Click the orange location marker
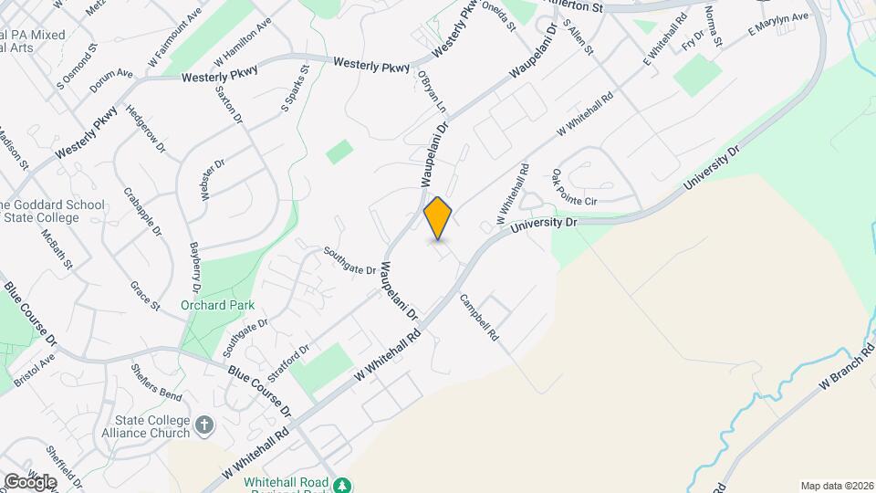[438, 217]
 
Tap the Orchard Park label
[217, 306]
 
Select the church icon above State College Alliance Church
[204, 425]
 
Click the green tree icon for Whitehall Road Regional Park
[342, 485]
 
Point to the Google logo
[29, 481]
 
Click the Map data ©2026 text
[836, 485]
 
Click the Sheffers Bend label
[157, 380]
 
